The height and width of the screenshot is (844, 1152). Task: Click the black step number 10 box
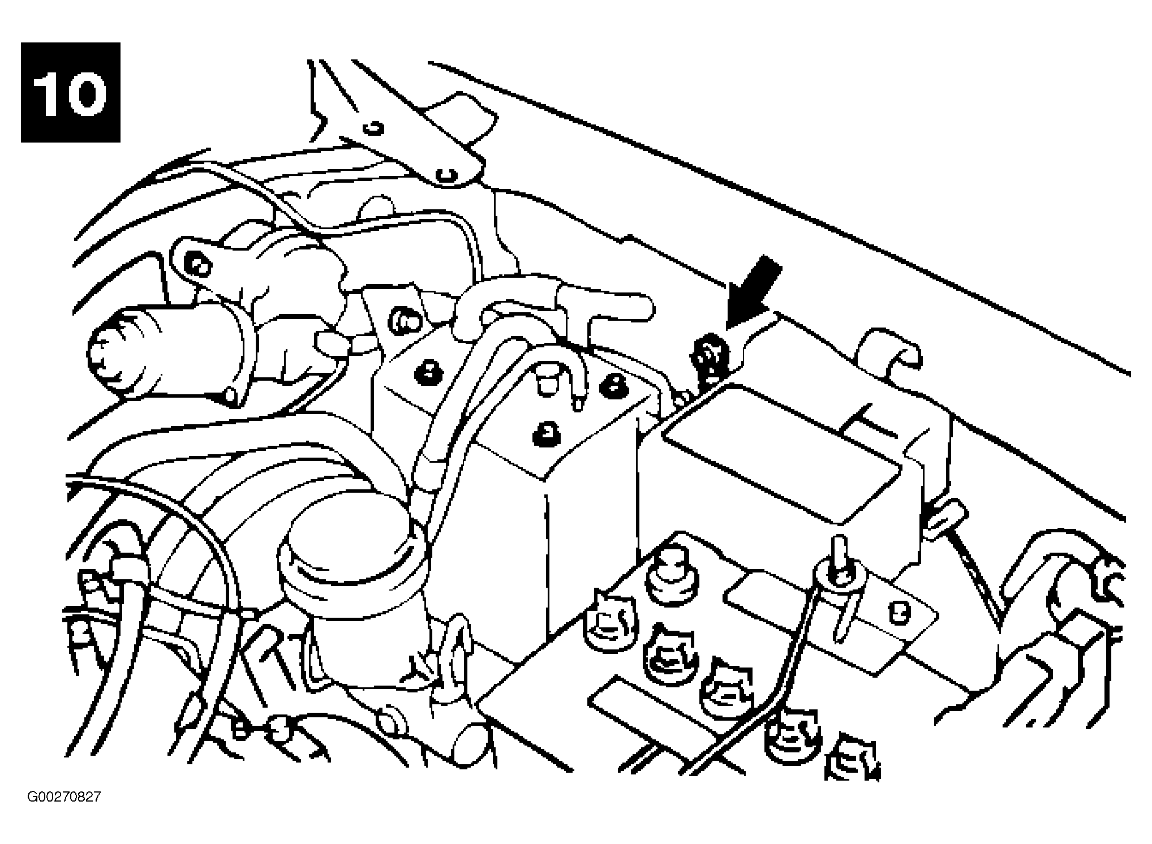(71, 92)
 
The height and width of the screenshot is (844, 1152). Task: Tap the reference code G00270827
(64, 797)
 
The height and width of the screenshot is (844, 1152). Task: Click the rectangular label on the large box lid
(781, 452)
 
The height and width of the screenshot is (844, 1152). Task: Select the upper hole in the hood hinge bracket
(373, 128)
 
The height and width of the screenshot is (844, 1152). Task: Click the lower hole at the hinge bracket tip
(448, 175)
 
